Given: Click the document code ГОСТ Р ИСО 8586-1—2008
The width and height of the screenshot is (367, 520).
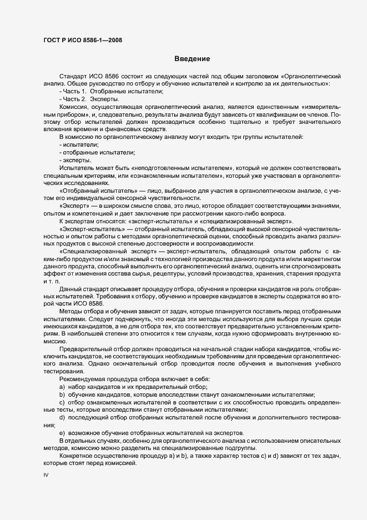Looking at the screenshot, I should [82, 40].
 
